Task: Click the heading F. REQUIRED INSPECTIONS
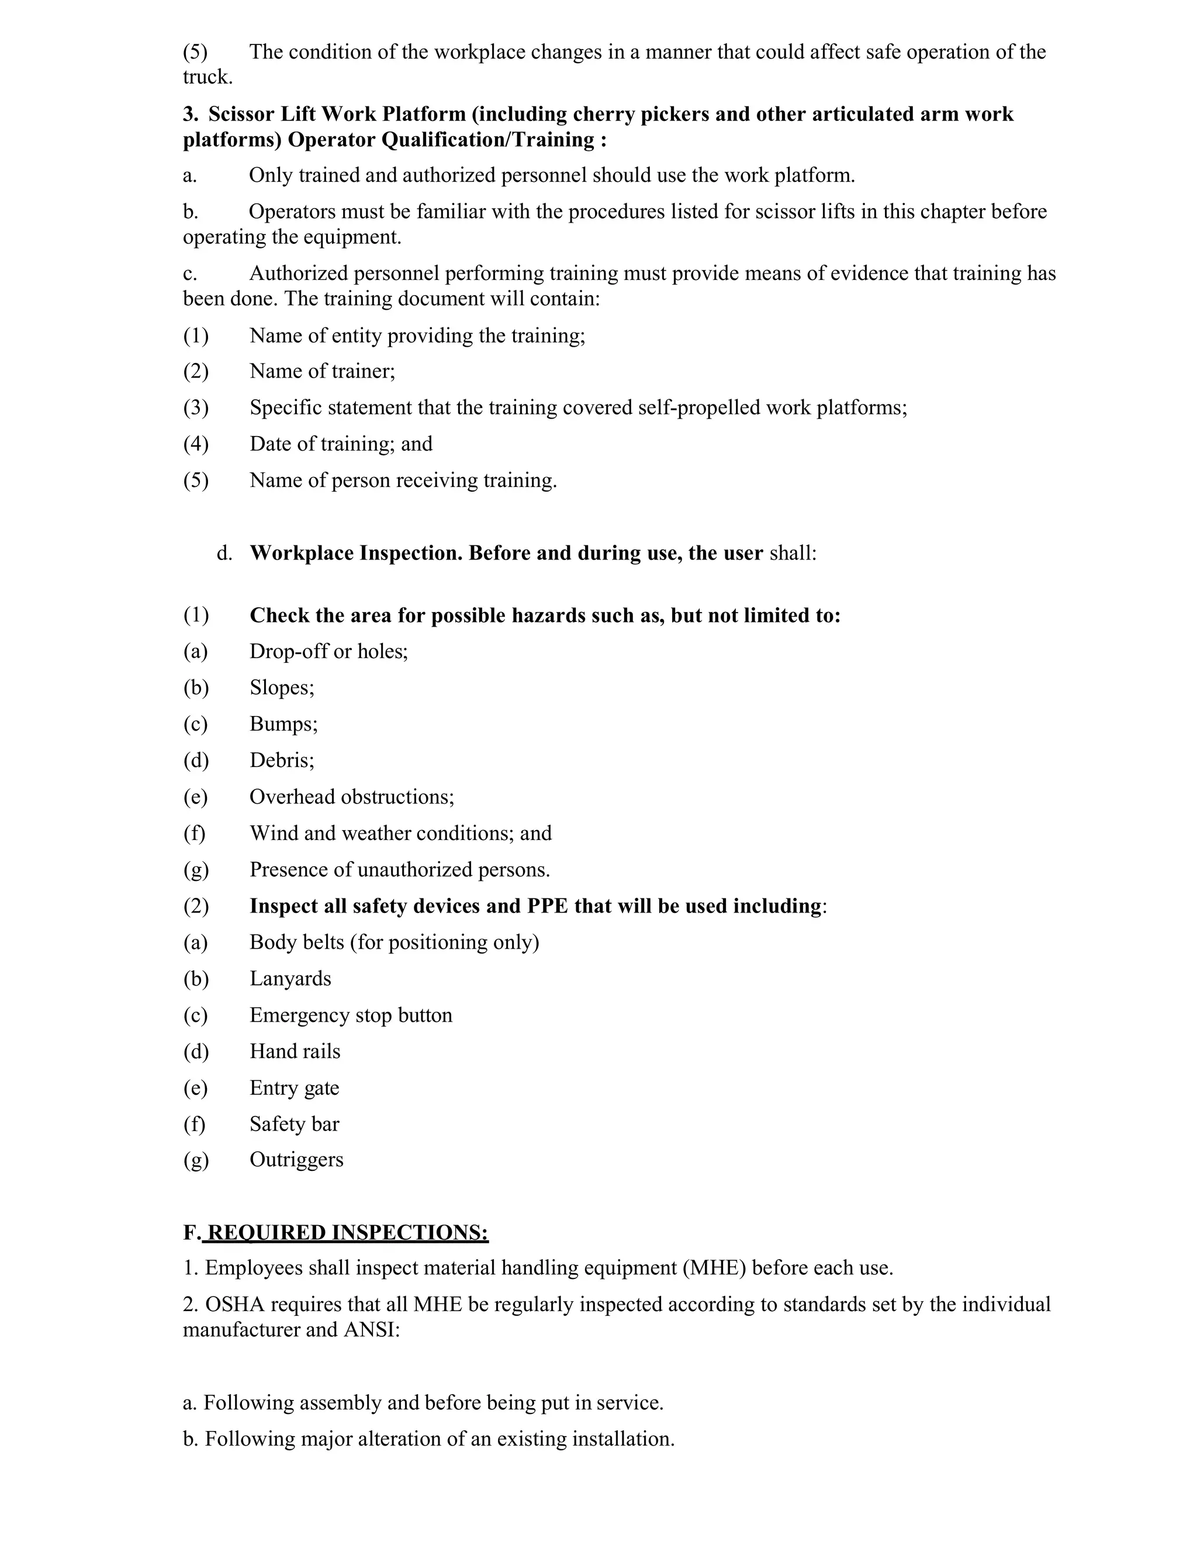pos(335,1232)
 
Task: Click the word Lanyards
pos(290,979)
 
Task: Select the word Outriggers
pos(296,1160)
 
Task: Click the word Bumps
pos(282,724)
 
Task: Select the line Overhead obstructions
pos(351,797)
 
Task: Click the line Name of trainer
pos(322,371)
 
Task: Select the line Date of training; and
pos(340,444)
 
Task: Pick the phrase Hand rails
pos(295,1051)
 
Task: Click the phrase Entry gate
pos(295,1088)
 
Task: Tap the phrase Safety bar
pos(295,1124)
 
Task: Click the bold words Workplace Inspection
pos(356,553)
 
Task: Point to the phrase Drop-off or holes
pos(328,651)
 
